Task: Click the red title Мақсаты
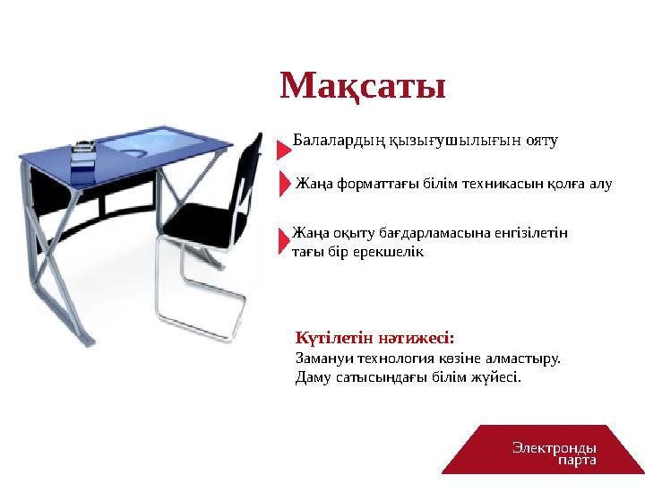[x=363, y=86]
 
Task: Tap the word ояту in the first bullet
[x=540, y=141]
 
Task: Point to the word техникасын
[x=491, y=185]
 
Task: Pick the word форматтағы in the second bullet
[x=375, y=185]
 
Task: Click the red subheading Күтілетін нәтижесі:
[x=374, y=339]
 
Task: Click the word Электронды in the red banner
[x=555, y=445]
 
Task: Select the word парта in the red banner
[x=576, y=459]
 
